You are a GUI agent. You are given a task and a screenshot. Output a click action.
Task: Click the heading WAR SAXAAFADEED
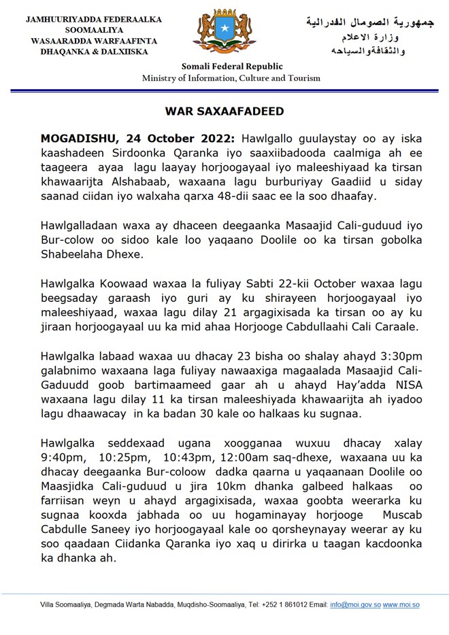point(224,111)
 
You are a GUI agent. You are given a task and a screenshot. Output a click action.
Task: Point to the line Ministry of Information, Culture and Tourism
point(231,78)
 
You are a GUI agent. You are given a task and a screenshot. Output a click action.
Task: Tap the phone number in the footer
point(280,604)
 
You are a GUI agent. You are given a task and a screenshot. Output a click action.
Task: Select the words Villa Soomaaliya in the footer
point(66,604)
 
